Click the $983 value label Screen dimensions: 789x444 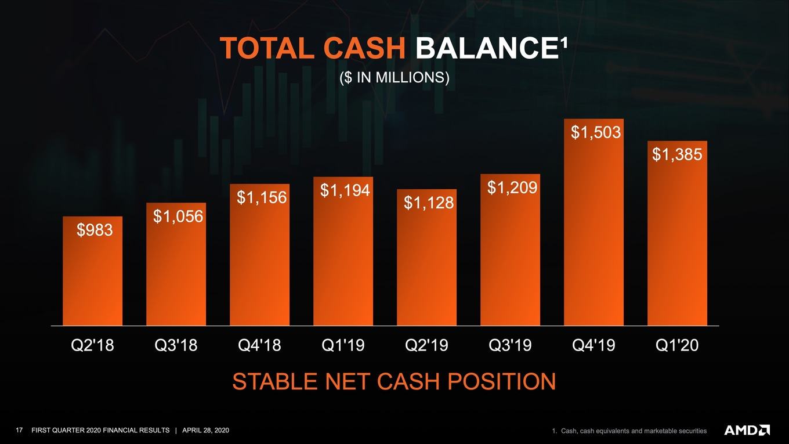pyautogui.click(x=95, y=230)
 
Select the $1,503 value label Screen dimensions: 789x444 pyautogui.click(x=596, y=132)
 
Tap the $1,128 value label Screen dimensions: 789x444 pyautogui.click(x=429, y=203)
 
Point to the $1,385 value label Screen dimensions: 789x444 pyautogui.click(x=677, y=154)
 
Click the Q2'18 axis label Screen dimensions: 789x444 pyautogui.click(x=93, y=345)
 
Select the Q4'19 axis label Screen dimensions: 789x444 pyautogui.click(x=593, y=345)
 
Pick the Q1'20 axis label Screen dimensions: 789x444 pyautogui.click(x=677, y=345)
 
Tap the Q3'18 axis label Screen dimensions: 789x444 pyautogui.click(x=176, y=345)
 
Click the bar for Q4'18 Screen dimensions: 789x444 pyautogui.click(x=259, y=255)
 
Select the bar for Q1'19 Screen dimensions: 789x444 pyautogui.click(x=343, y=251)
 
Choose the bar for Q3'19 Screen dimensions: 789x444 pyautogui.click(x=510, y=250)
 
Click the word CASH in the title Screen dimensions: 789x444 pyautogui.click(x=364, y=48)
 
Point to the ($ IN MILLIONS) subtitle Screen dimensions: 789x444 pyautogui.click(x=395, y=78)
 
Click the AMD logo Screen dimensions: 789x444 pyautogui.click(x=747, y=430)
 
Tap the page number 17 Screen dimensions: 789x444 pyautogui.click(x=19, y=430)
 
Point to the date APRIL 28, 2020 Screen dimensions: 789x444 pyautogui.click(x=206, y=430)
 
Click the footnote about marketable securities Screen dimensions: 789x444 pyautogui.click(x=629, y=431)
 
